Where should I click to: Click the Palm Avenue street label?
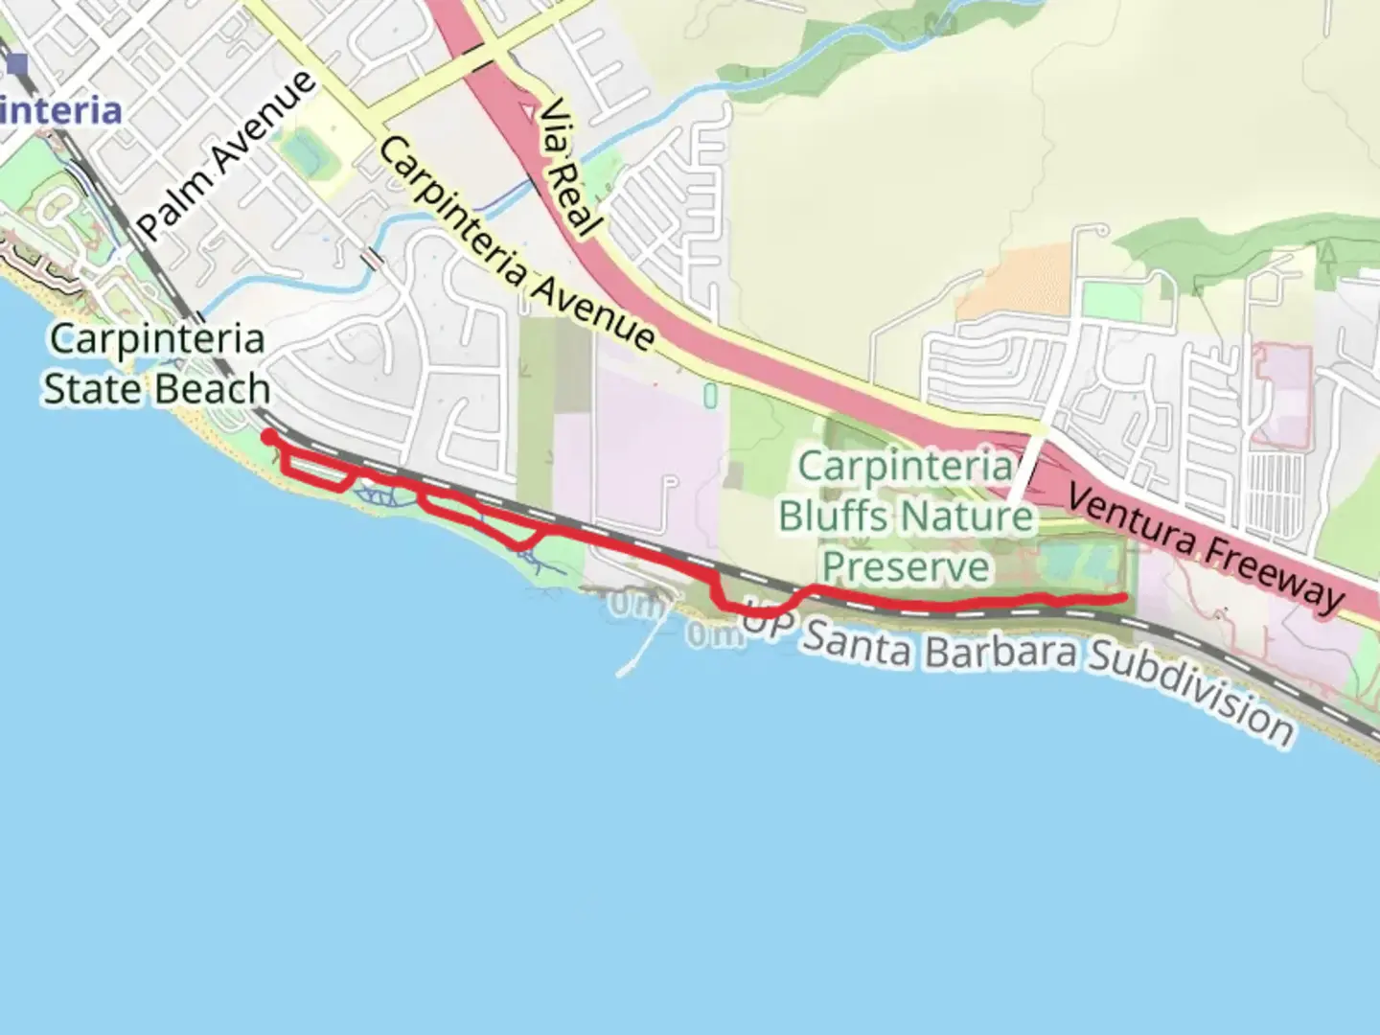[227, 155]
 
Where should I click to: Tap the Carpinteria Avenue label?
[517, 243]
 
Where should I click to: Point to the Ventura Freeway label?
[1206, 549]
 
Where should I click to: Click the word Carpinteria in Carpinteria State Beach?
[157, 339]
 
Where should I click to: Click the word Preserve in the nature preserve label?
[906, 566]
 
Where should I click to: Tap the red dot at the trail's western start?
[269, 437]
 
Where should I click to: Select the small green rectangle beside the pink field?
[710, 395]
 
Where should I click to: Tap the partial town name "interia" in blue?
[61, 111]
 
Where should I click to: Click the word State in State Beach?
[92, 389]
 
